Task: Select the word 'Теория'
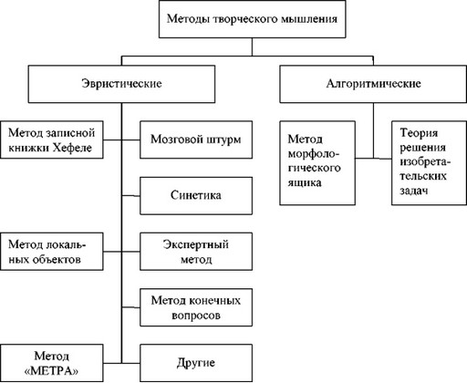(418, 132)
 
